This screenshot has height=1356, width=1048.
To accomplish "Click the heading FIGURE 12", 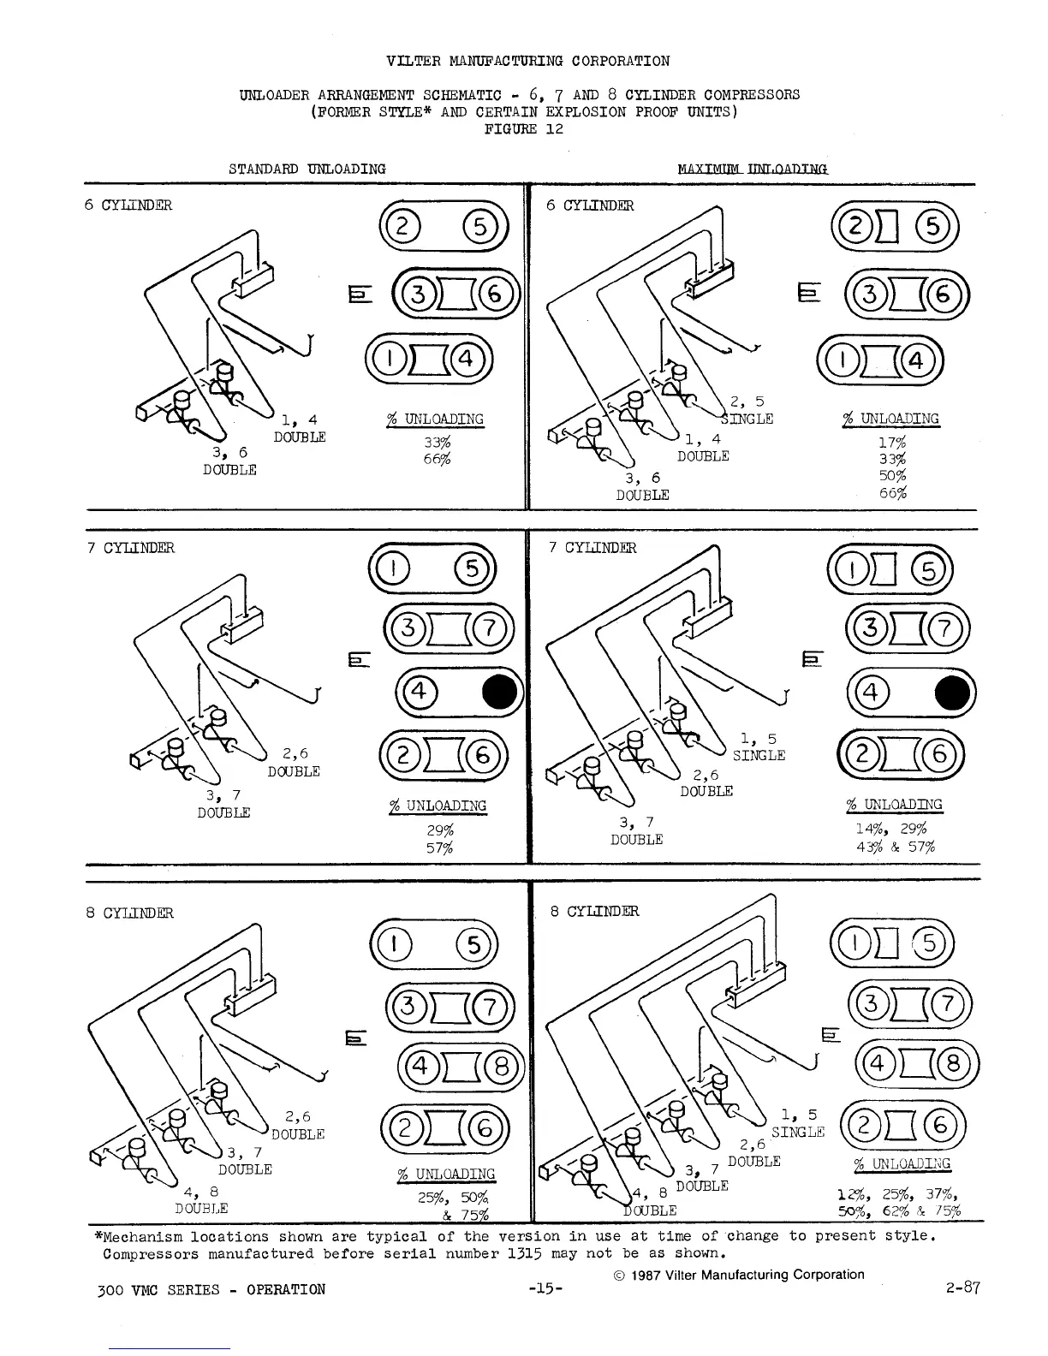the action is (x=523, y=129).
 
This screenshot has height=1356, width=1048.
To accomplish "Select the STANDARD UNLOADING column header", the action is (x=307, y=169).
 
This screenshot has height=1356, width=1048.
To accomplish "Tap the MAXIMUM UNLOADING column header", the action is (x=753, y=169).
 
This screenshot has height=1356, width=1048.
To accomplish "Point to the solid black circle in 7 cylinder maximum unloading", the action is (x=954, y=693).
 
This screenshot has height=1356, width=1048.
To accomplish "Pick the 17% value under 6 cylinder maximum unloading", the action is (x=891, y=443).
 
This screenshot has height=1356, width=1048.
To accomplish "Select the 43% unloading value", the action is (x=869, y=847).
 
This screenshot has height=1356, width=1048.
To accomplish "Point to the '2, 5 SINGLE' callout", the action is (x=747, y=410).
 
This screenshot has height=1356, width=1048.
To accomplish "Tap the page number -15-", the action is (x=545, y=1289).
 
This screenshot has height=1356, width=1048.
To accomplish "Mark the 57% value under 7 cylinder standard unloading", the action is (x=439, y=847).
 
